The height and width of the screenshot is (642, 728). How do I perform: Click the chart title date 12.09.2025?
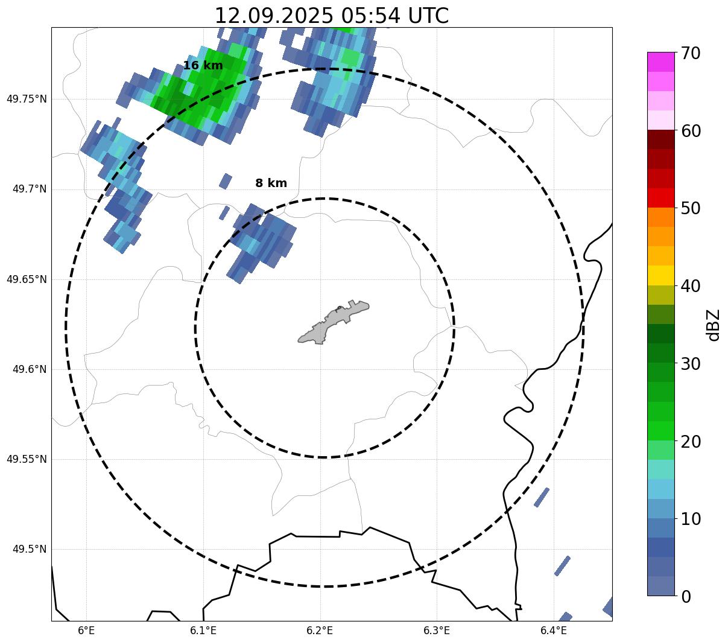pos(273,16)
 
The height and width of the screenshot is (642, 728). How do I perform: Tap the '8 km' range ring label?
pos(271,183)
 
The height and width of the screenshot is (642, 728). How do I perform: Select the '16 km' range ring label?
pos(203,66)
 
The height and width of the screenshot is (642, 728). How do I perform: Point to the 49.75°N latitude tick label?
pos(27,99)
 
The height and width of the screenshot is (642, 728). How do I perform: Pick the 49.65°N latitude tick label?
pos(27,279)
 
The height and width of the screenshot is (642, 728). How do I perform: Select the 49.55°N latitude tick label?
pos(27,459)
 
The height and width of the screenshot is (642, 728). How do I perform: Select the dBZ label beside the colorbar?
pos(714,325)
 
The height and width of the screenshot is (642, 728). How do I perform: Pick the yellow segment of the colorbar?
pos(660,276)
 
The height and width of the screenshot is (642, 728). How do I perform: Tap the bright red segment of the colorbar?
pos(660,198)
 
